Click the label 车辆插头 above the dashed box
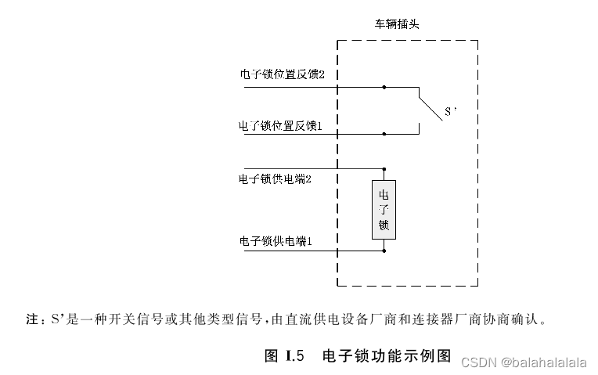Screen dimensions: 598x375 pos(397,24)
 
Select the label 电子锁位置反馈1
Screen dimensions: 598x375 pos(280,125)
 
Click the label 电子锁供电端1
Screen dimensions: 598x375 pos(276,241)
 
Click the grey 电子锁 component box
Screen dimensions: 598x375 pos(384,209)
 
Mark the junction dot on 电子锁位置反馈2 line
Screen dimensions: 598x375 pos(384,87)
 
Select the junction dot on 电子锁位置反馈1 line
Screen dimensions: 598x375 pos(384,134)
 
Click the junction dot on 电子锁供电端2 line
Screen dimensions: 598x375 pos(384,168)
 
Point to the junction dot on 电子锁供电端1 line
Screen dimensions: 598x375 pos(384,251)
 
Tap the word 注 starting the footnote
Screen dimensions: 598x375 pos(33,319)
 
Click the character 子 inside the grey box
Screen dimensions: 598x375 pos(384,209)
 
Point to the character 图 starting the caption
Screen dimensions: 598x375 pos(272,356)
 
